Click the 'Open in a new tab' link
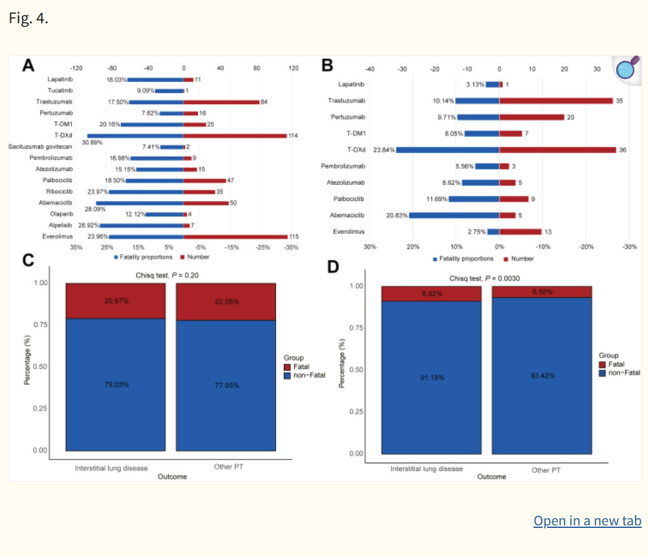587,521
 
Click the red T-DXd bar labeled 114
235,136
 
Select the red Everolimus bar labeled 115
235,236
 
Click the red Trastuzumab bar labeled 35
556,101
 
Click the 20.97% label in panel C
116,301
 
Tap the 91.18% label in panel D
432,379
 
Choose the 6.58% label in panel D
543,292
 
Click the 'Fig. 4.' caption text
28,17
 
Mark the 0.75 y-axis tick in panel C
40,324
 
